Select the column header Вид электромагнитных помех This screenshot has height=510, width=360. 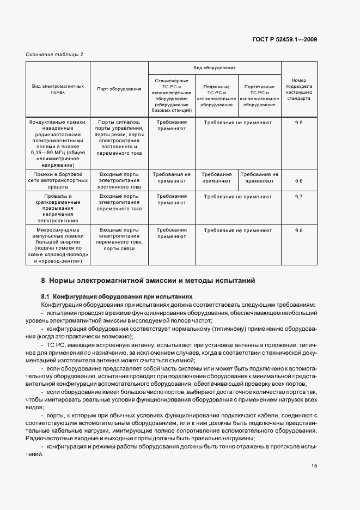click(58, 89)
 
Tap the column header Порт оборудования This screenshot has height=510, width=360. click(119, 89)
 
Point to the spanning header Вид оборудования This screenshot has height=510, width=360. click(215, 68)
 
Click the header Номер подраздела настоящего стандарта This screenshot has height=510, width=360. click(298, 89)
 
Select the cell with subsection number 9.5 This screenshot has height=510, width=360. click(298, 123)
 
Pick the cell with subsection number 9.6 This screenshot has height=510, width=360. click(298, 180)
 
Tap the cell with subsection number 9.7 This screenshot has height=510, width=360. click(298, 196)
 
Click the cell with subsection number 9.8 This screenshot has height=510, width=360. click(298, 230)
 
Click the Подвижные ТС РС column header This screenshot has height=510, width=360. click(216, 96)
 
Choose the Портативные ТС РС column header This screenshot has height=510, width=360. click(259, 96)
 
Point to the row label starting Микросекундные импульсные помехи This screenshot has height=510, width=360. click(58, 246)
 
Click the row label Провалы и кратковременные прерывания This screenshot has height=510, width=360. click(58, 208)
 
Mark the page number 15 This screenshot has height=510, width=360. click(315, 466)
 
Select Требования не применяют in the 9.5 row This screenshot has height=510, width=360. click(237, 123)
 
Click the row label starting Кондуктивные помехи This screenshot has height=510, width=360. click(58, 143)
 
